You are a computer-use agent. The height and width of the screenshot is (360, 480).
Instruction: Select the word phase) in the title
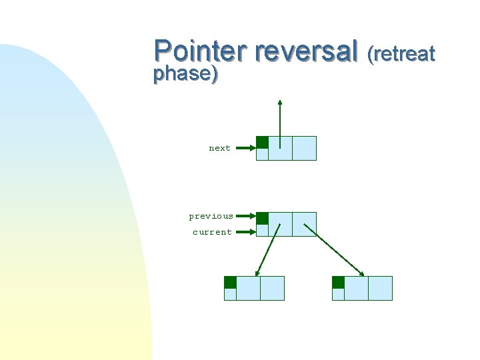click(x=185, y=74)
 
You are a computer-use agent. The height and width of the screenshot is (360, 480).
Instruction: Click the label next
click(x=219, y=149)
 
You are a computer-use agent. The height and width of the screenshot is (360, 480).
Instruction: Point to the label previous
click(x=211, y=216)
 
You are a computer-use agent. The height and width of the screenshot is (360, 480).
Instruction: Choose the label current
click(x=212, y=232)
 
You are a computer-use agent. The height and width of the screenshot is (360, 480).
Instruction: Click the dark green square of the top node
click(x=263, y=142)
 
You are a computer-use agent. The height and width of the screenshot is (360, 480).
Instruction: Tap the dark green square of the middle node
click(x=263, y=218)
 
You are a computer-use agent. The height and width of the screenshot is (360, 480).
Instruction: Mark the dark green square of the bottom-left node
click(x=230, y=282)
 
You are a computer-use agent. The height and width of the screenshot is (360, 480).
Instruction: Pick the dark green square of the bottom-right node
click(x=338, y=282)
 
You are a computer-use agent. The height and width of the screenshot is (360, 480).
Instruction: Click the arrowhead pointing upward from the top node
click(x=280, y=103)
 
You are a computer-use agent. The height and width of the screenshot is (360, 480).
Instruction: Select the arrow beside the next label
click(x=245, y=149)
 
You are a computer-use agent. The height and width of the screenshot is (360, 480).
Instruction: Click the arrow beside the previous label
click(x=245, y=216)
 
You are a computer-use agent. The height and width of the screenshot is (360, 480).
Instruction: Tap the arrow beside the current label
click(x=245, y=232)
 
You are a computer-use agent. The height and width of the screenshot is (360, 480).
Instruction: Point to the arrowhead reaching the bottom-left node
click(x=257, y=273)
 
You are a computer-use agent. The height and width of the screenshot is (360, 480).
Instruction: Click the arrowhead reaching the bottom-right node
click(x=361, y=273)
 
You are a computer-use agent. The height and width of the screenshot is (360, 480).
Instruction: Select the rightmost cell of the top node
click(x=304, y=148)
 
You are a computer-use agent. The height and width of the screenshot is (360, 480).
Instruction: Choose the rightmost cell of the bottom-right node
click(x=380, y=288)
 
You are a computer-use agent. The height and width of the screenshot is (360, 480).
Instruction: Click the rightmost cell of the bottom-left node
click(x=272, y=288)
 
